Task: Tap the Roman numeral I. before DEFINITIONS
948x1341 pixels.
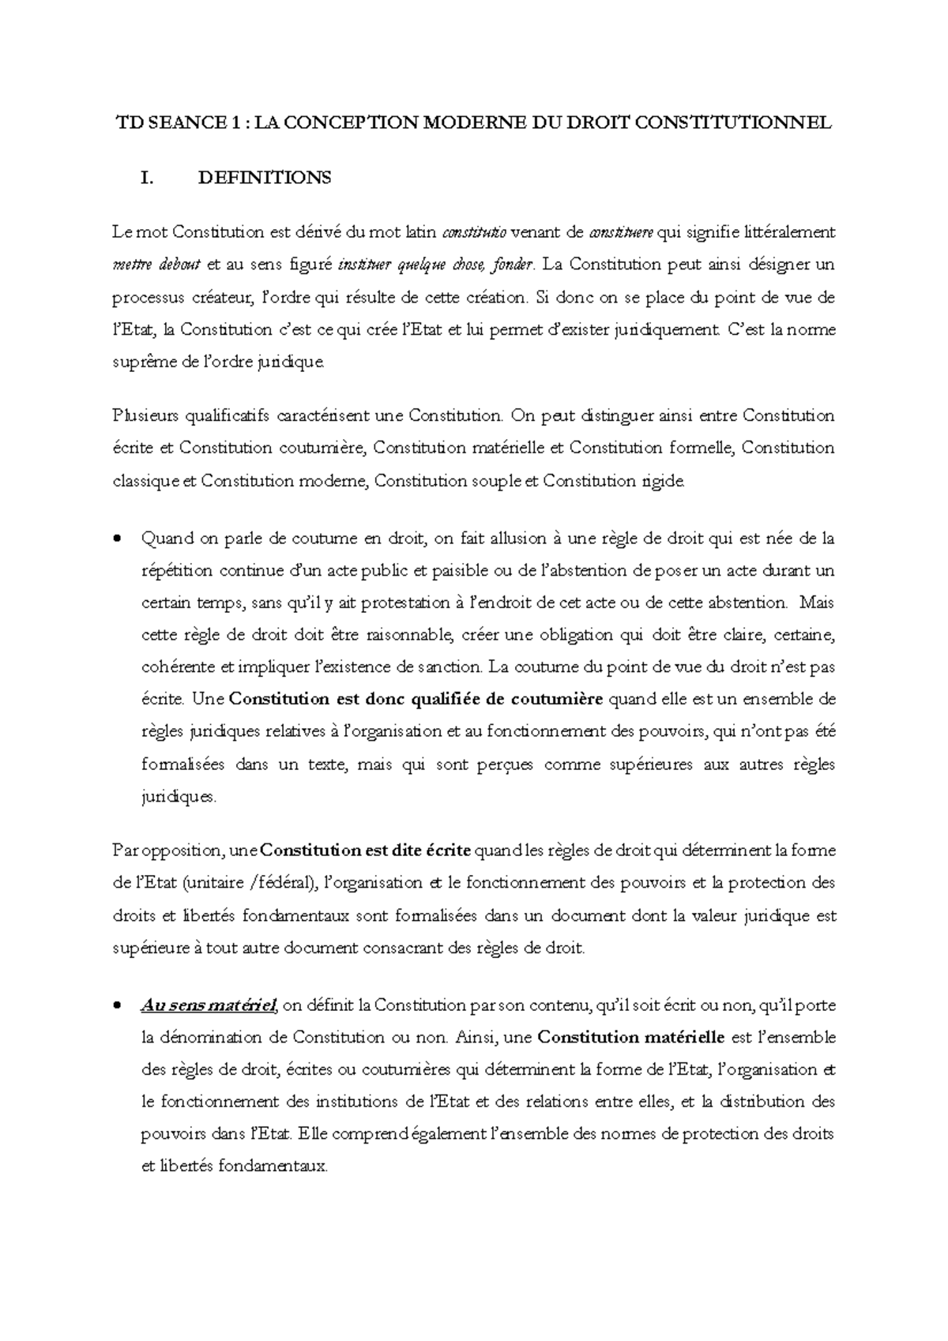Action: pyautogui.click(x=145, y=178)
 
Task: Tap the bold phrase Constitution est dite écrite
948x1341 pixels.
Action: pyautogui.click(x=365, y=851)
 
